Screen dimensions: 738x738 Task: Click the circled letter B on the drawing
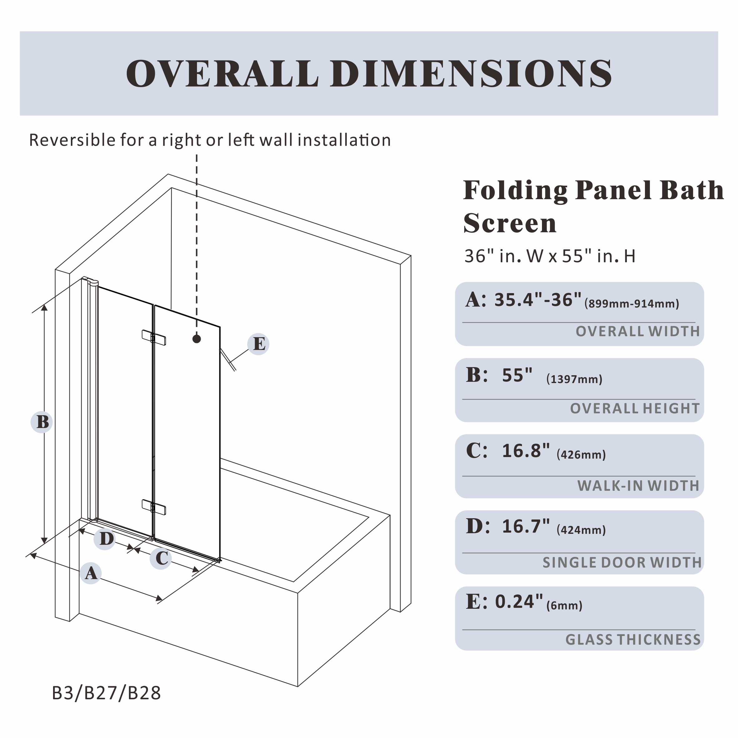click(x=42, y=422)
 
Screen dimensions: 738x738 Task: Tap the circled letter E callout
click(x=258, y=344)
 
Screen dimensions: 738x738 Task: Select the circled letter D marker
click(x=105, y=539)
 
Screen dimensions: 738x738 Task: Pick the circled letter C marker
click(x=161, y=558)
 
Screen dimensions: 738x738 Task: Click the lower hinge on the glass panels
click(x=154, y=507)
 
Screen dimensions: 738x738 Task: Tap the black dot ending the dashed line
click(x=197, y=339)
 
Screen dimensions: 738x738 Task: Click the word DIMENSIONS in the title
click(x=471, y=74)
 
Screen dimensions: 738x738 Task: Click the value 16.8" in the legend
click(x=526, y=451)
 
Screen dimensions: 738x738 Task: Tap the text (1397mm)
click(x=574, y=379)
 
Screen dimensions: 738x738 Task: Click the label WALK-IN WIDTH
click(x=638, y=486)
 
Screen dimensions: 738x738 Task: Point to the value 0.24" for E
click(x=519, y=602)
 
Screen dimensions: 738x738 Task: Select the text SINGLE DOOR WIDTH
click(x=622, y=563)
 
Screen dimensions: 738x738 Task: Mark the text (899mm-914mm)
click(x=632, y=304)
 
